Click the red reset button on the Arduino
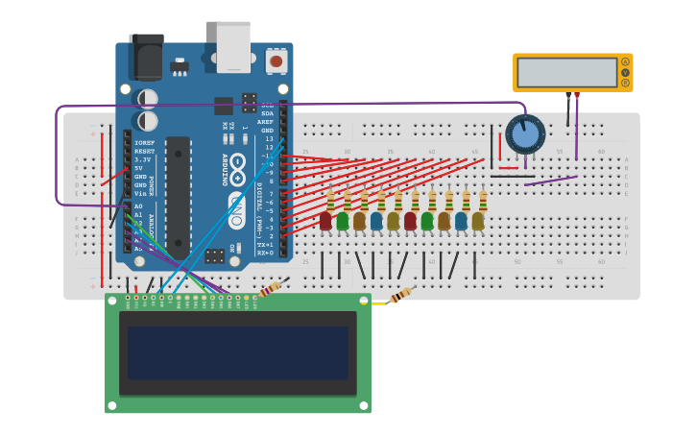276,61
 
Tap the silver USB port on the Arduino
233,46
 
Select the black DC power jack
147,57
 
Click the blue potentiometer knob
525,134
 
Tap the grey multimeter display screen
566,73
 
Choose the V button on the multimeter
625,72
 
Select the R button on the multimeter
625,83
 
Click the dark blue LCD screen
238,352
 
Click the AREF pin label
266,122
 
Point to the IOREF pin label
144,143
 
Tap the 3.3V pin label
142,159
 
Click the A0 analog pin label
138,205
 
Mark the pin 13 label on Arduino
269,138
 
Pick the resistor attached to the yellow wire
400,295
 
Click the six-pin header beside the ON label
215,255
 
